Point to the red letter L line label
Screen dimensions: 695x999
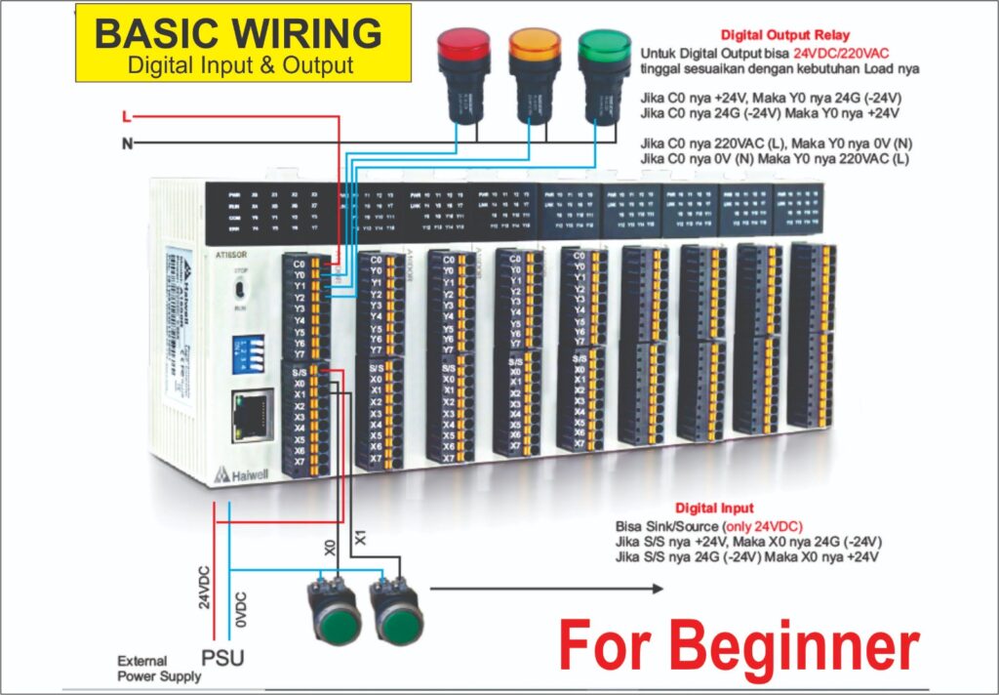(x=126, y=117)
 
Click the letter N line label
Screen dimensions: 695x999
(x=126, y=143)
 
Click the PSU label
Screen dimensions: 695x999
(x=222, y=659)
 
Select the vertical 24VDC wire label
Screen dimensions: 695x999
(x=205, y=582)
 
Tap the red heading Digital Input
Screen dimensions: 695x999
(x=714, y=508)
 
